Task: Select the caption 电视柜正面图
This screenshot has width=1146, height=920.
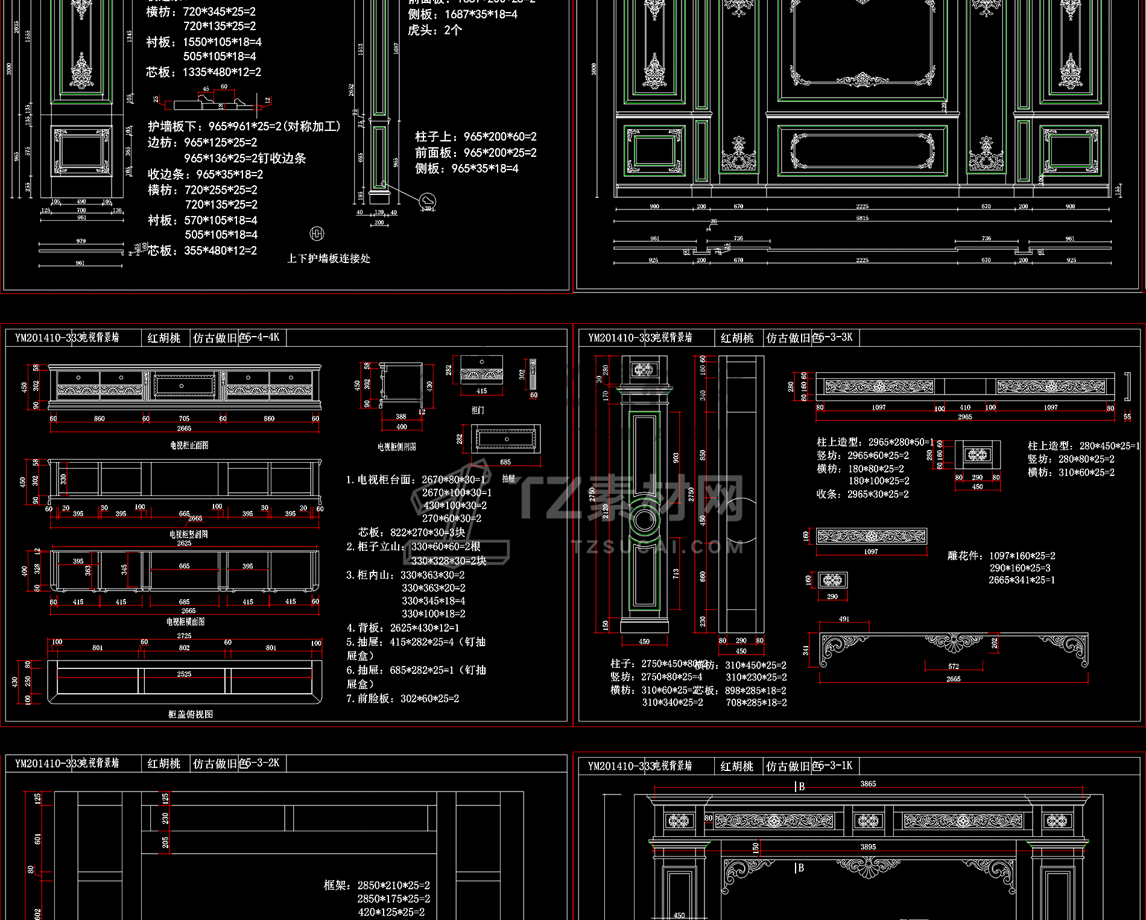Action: pyautogui.click(x=189, y=445)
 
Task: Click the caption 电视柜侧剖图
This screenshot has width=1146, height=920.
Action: pyautogui.click(x=396, y=447)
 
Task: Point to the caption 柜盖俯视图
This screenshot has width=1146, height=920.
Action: pyautogui.click(x=190, y=714)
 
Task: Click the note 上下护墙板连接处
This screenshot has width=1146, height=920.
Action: pyautogui.click(x=329, y=258)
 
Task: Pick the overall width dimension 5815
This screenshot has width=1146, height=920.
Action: pyautogui.click(x=862, y=218)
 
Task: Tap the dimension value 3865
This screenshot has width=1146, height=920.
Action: pyautogui.click(x=868, y=784)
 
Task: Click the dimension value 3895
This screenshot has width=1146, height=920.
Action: pyautogui.click(x=868, y=847)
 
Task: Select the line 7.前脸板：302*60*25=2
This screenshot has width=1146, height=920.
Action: pyautogui.click(x=402, y=699)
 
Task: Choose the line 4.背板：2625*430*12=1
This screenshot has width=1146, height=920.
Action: pyautogui.click(x=402, y=628)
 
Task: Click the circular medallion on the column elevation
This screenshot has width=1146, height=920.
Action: pyautogui.click(x=644, y=519)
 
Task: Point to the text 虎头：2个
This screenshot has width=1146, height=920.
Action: pyautogui.click(x=434, y=30)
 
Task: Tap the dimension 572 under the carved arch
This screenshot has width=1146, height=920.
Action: pyautogui.click(x=953, y=667)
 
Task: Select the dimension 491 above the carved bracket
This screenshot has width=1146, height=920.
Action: pyautogui.click(x=844, y=619)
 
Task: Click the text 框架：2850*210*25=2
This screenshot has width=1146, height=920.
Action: pyautogui.click(x=376, y=886)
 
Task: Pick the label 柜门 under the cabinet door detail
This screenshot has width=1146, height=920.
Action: pyautogui.click(x=477, y=410)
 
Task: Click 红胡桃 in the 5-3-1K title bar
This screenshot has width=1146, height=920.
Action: pyautogui.click(x=737, y=766)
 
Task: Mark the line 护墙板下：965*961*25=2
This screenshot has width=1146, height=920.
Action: pyautogui.click(x=244, y=127)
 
